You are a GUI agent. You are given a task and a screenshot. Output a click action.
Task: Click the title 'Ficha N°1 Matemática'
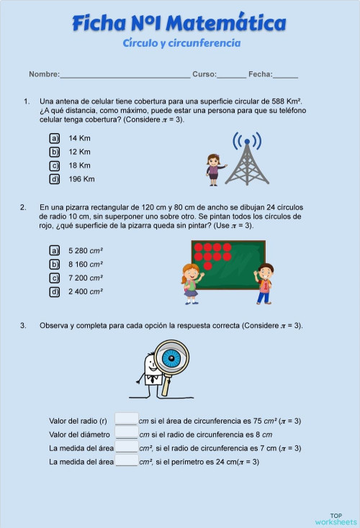179,24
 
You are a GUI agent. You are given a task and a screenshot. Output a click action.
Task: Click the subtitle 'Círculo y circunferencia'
181,43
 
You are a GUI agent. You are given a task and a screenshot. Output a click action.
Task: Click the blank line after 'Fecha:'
285,74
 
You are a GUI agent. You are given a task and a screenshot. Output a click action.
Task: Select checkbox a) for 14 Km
54,138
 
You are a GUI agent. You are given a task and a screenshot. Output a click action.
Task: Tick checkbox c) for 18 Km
54,165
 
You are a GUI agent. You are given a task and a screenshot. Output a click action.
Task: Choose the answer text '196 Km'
81,179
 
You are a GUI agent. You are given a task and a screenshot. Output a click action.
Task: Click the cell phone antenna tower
246,159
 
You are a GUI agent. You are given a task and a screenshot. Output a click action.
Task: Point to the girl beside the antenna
213,169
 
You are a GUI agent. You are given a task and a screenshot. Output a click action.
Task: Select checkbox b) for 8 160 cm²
54,264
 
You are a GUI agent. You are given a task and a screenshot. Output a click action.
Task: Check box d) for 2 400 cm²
54,291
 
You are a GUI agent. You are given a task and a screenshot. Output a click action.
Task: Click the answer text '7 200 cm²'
86,278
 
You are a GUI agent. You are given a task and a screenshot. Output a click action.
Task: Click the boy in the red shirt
265,283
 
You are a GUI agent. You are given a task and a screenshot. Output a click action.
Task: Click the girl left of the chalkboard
191,283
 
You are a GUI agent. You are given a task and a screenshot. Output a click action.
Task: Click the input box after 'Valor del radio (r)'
126,419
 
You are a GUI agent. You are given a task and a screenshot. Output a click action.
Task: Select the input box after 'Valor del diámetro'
126,433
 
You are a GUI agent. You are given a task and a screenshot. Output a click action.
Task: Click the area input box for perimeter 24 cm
126,460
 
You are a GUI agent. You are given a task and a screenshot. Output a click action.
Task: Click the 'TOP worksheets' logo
336,519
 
